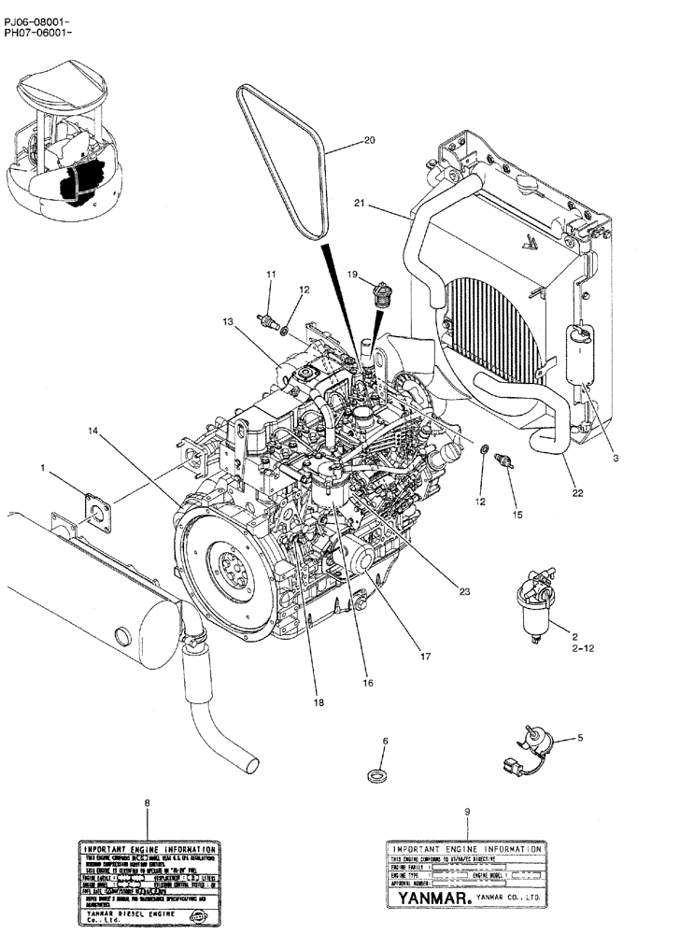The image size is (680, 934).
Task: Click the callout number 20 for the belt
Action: point(369,141)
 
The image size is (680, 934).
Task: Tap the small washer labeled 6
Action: point(377,774)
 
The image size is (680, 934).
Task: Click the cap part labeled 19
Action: point(380,296)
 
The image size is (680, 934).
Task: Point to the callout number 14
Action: point(92,431)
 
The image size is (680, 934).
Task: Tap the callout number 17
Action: point(425,656)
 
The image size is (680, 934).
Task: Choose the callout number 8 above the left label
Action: point(147,802)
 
